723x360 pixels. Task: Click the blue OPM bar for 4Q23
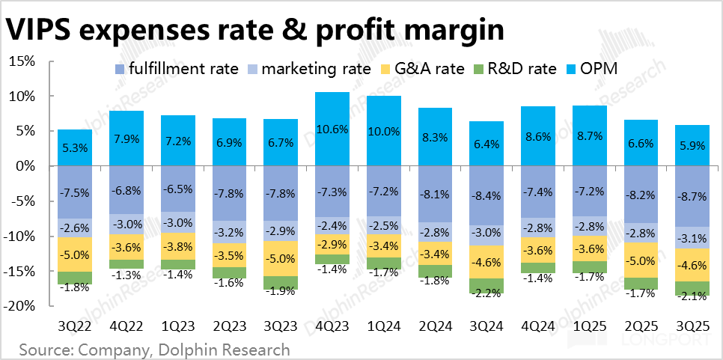[x=332, y=129]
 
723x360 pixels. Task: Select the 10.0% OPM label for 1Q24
[x=384, y=132]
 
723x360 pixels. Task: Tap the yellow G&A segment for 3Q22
[x=75, y=254]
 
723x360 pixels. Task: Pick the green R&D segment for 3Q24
[x=487, y=285]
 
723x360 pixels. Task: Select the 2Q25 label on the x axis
[x=641, y=327]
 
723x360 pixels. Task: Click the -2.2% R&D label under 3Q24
[x=487, y=293]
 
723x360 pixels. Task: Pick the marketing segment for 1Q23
[x=177, y=223]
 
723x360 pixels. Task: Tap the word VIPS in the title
[x=41, y=30]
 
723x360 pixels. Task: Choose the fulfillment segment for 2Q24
[x=436, y=194]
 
